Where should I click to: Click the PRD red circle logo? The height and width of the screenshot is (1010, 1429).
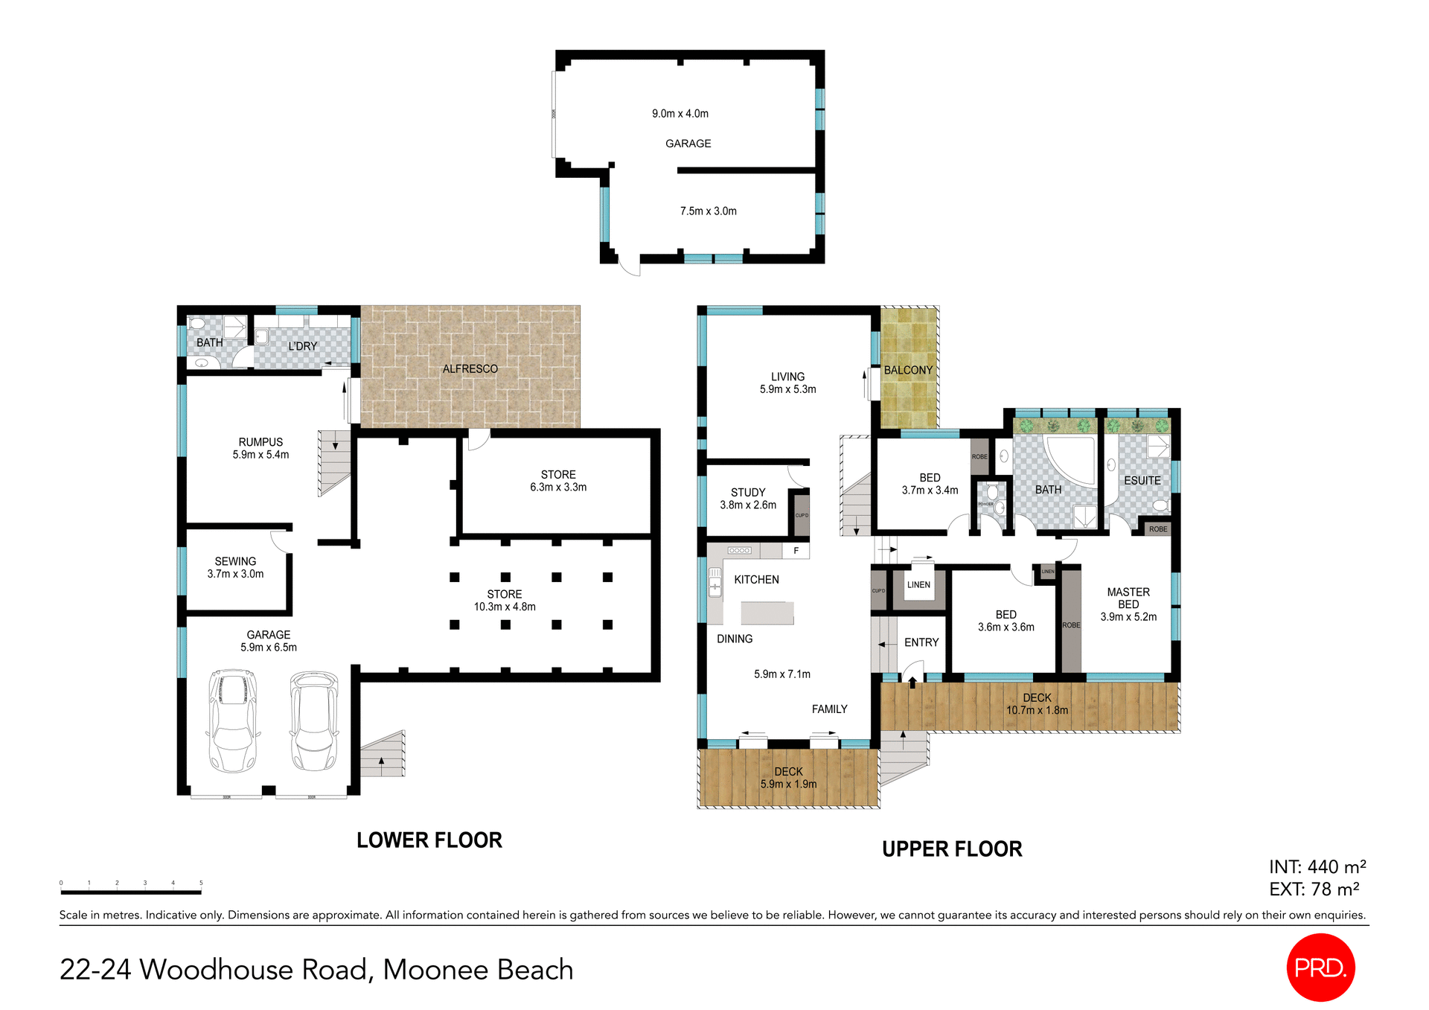coord(1320,967)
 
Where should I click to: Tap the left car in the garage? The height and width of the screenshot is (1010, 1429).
coord(233,720)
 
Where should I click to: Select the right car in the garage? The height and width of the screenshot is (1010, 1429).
coord(314,720)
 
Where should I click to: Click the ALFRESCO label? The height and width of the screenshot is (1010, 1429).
coord(470,369)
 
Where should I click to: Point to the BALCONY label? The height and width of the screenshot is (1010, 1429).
coord(908,370)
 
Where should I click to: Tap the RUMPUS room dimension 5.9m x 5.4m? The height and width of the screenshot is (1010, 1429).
coord(260,455)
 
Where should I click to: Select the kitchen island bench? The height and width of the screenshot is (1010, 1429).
coord(767,613)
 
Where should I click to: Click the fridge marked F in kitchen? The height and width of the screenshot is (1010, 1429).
coord(796,551)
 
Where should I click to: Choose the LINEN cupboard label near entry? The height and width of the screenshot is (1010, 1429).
coord(918,585)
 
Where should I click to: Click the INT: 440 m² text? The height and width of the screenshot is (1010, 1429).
coord(1317,867)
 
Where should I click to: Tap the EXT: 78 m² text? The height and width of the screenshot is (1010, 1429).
coord(1314,889)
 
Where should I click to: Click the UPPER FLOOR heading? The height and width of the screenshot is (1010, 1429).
coord(952,849)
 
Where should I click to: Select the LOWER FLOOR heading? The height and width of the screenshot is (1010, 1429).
coord(429,840)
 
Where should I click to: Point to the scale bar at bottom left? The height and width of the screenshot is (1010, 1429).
coord(131,891)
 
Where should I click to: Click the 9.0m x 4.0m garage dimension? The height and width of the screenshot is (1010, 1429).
coord(680,114)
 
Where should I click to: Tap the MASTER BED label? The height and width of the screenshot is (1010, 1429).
coord(1128,598)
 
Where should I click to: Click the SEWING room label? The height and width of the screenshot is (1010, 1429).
coord(235,561)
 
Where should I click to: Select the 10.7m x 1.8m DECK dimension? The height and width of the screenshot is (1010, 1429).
coord(1037,710)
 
